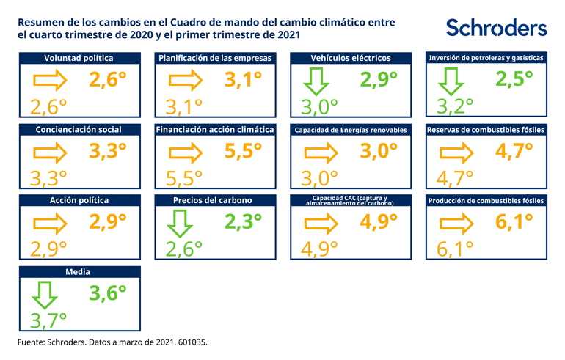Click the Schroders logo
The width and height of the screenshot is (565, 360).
496,28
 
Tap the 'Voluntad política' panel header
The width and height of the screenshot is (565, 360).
79,58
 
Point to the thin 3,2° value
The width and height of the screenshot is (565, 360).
456,107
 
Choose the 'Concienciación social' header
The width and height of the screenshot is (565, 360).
79,129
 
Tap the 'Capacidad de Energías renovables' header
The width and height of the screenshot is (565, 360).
350,130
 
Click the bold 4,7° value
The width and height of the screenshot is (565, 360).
514,151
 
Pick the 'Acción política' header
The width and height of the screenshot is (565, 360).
79,200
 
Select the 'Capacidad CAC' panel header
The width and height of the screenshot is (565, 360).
350,200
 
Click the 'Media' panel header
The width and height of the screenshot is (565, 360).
79,271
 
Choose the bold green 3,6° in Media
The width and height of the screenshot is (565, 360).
108,293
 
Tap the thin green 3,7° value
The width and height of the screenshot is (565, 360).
48,320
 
